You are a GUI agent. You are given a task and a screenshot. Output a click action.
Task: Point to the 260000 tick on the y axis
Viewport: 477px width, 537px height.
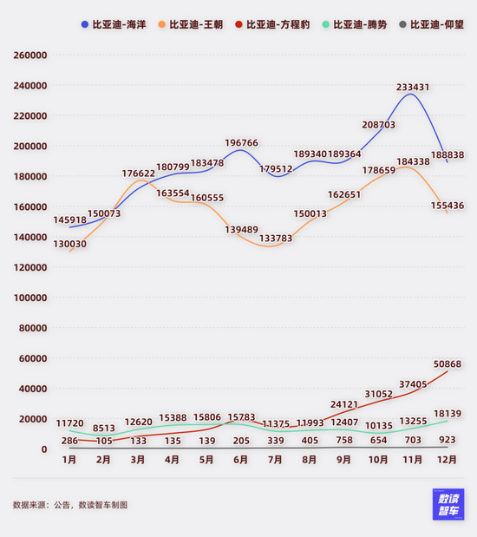coord(30,56)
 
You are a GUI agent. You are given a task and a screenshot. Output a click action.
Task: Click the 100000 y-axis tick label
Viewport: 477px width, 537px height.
coord(30,298)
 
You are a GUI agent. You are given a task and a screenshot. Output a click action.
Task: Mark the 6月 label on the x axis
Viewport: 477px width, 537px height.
coord(240,462)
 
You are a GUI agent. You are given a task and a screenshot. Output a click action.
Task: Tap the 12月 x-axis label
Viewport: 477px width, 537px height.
coord(447,462)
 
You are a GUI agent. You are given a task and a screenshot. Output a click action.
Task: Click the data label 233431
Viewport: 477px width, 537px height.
coord(413,88)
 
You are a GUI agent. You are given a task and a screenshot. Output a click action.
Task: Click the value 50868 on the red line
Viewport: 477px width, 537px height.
coord(447,363)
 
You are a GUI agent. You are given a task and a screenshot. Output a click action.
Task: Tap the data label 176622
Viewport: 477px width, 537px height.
coord(138,174)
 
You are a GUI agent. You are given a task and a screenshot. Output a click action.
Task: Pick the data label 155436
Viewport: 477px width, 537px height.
coord(447,206)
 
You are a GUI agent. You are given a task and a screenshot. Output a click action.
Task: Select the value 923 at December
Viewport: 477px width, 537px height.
coord(447,441)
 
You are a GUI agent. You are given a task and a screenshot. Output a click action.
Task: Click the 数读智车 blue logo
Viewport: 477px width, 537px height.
coord(448,505)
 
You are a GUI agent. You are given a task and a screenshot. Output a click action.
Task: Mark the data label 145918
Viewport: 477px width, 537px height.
coord(69,220)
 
